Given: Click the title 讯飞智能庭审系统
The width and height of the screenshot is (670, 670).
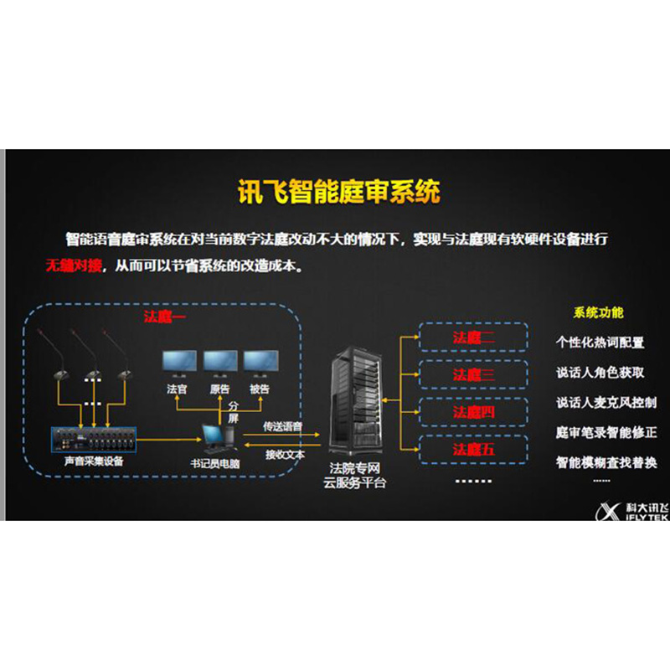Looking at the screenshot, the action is click(335, 193).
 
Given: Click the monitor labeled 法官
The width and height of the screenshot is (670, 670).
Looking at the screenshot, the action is click(177, 362).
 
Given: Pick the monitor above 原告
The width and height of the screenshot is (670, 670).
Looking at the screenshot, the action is click(219, 362).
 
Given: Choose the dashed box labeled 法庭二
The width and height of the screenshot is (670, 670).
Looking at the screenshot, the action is click(473, 338).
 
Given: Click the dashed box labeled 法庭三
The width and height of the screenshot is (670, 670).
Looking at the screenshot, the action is click(473, 374).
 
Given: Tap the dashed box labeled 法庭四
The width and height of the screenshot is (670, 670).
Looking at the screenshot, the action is click(473, 412).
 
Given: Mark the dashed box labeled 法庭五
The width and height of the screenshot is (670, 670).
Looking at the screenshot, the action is click(473, 450).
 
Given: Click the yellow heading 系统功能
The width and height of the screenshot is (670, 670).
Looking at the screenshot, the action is click(598, 313).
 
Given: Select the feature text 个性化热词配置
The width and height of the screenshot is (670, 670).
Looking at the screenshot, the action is click(600, 342).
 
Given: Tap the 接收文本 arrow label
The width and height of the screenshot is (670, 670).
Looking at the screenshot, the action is click(283, 455).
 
